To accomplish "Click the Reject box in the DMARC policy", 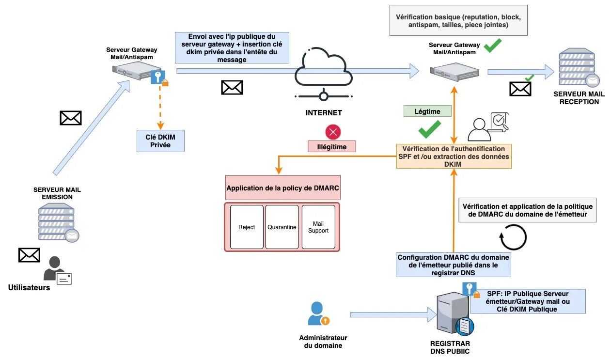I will (x=247, y=227).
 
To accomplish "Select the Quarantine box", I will (x=282, y=227).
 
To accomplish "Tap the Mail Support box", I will (x=318, y=227).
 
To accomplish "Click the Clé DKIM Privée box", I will (x=160, y=141).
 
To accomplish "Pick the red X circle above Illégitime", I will (x=333, y=132).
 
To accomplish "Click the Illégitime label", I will (x=332, y=146).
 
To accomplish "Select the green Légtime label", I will (x=427, y=111).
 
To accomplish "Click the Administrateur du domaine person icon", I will (x=318, y=313).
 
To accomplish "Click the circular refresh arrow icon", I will (x=513, y=237).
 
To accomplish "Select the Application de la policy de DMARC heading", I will (x=283, y=188).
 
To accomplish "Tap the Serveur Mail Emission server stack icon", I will (x=58, y=222).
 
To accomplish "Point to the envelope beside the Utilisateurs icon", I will (x=29, y=255).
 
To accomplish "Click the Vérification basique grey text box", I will (x=458, y=21).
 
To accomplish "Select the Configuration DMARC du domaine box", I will (x=453, y=265).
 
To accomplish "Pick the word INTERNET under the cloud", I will (x=324, y=113).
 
